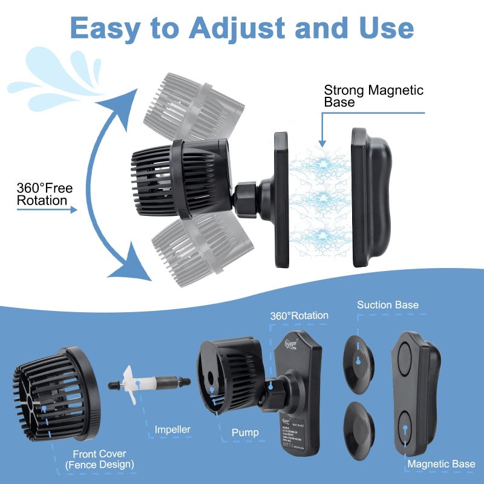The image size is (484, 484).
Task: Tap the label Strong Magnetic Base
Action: [374, 96]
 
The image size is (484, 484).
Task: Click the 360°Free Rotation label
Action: [45, 194]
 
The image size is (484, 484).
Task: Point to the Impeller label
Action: [172, 430]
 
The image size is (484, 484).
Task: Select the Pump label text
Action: [245, 433]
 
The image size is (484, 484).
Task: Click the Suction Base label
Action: [388, 304]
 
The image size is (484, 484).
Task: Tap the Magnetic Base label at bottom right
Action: [441, 464]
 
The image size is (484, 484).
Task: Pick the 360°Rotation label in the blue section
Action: [299, 315]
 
